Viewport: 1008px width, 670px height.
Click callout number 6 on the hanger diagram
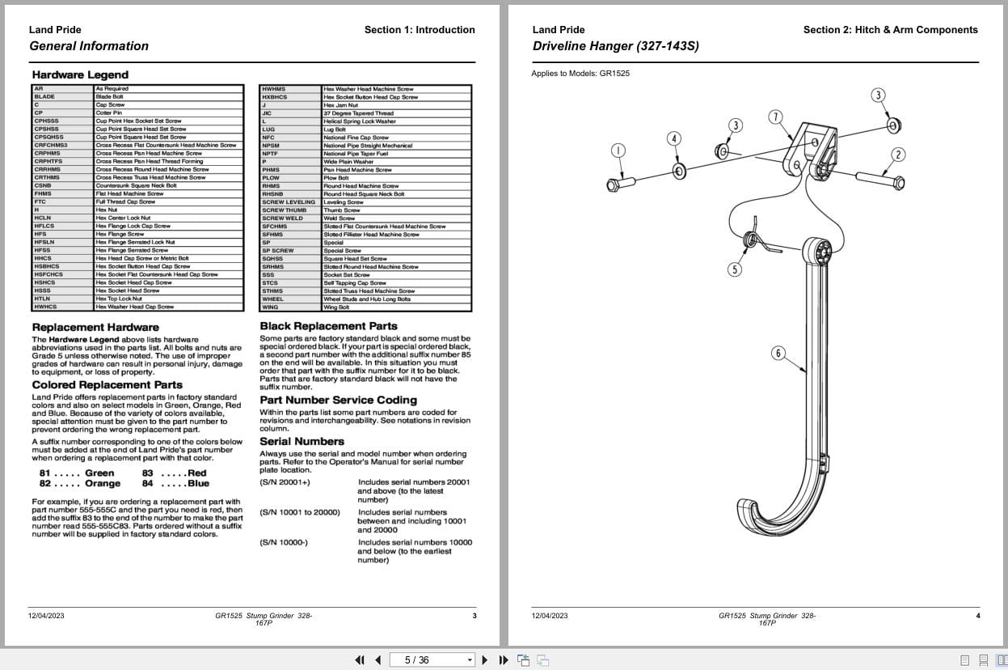pyautogui.click(x=778, y=353)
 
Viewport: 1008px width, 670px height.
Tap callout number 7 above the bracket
pyautogui.click(x=775, y=117)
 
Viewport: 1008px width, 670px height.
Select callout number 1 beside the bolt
pyautogui.click(x=618, y=151)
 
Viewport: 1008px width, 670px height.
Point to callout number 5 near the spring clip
pyautogui.click(x=735, y=269)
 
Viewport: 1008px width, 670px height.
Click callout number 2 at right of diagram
pyautogui.click(x=898, y=155)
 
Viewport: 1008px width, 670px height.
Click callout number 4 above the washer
pyautogui.click(x=675, y=138)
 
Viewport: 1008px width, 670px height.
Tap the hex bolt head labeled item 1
pyautogui.click(x=614, y=185)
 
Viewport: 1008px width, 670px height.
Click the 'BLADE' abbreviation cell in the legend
pyautogui.click(x=45, y=96)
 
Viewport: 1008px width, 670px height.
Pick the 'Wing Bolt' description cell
pyautogui.click(x=336, y=307)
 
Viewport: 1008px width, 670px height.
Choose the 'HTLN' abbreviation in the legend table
pyautogui.click(x=42, y=299)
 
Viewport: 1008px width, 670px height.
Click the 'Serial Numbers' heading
pyautogui.click(x=302, y=441)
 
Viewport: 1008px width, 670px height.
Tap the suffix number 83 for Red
pyautogui.click(x=148, y=473)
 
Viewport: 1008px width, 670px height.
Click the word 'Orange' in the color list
pyautogui.click(x=103, y=483)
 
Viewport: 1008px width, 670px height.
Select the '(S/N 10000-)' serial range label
pyautogui.click(x=284, y=542)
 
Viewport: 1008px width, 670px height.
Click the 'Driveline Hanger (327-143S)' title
pyautogui.click(x=615, y=46)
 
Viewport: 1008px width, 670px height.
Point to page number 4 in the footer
pyautogui.click(x=977, y=616)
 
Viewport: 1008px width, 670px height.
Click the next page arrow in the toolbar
pyautogui.click(x=484, y=659)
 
